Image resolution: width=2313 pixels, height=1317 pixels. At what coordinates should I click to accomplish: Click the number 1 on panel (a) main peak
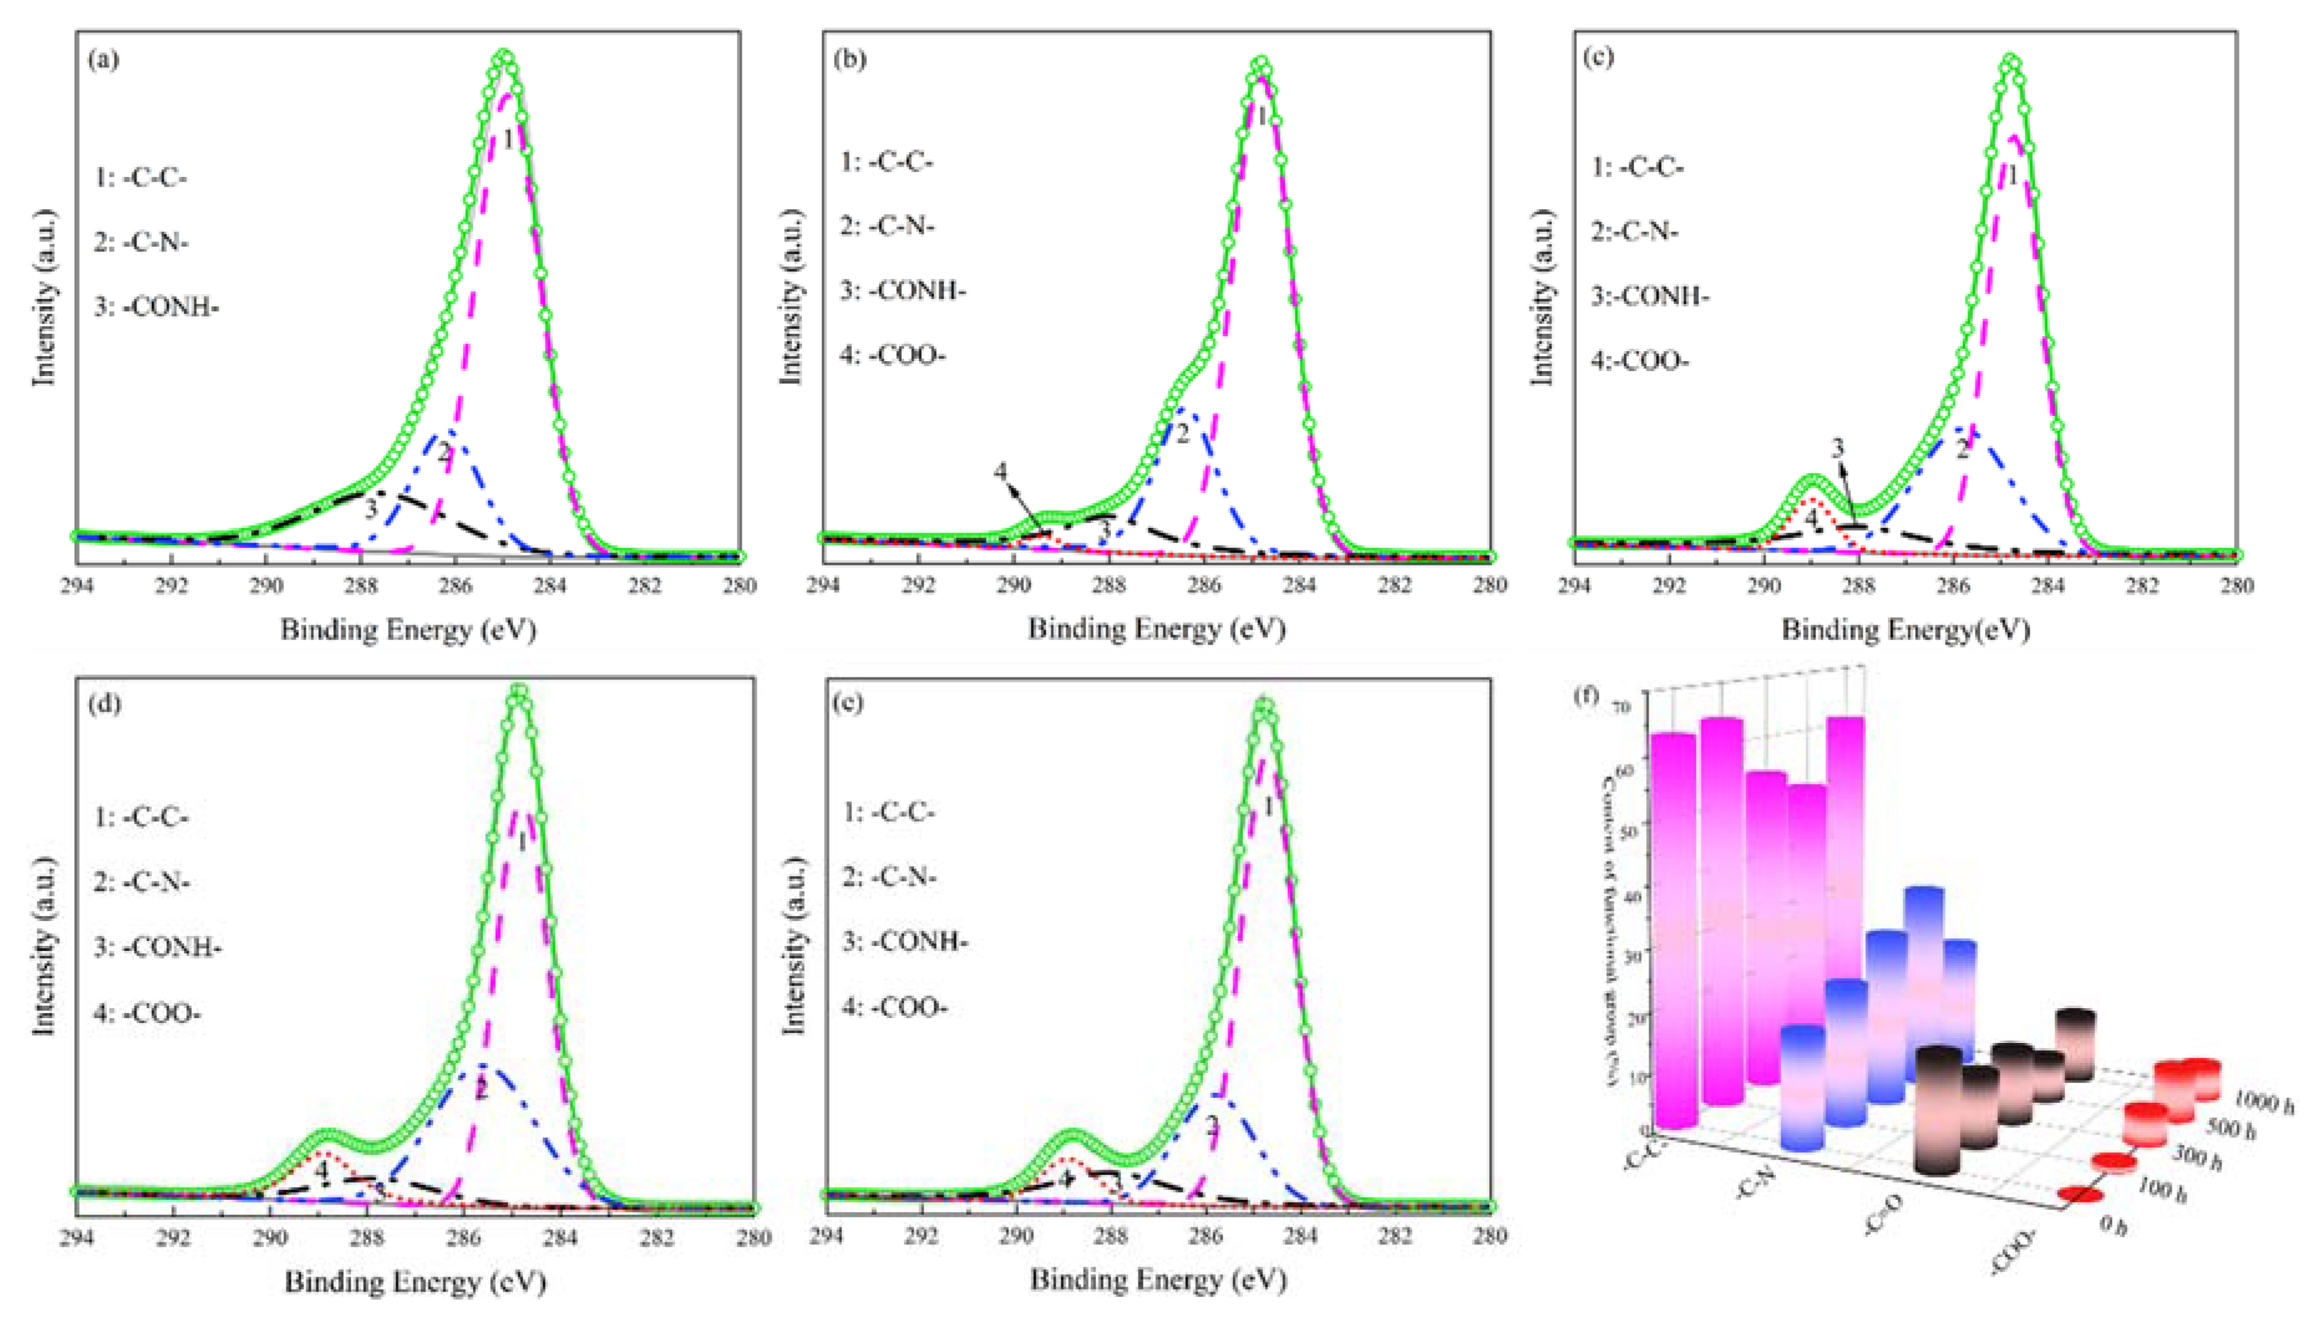click(x=509, y=140)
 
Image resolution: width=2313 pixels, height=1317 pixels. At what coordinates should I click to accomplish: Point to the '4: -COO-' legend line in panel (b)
click(x=893, y=356)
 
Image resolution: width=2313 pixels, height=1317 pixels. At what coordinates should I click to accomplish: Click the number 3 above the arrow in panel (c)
click(x=1838, y=448)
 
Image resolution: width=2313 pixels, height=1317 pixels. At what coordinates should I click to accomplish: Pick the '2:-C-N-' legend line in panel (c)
click(x=1635, y=232)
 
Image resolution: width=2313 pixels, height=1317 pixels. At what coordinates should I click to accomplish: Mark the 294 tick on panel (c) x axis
click(x=1576, y=585)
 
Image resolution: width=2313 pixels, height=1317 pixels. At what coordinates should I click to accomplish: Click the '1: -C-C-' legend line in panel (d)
click(x=141, y=817)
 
